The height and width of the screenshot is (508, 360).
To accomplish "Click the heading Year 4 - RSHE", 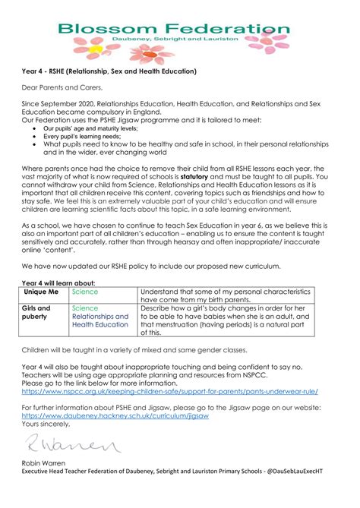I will [x=109, y=72].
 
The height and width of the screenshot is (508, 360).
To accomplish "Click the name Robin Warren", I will [x=48, y=482].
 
